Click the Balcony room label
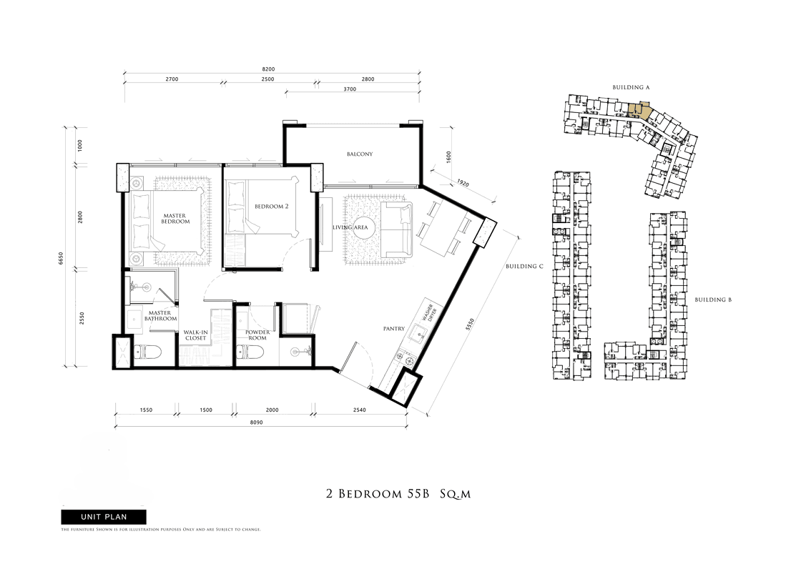pyautogui.click(x=360, y=154)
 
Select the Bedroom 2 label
pyautogui.click(x=272, y=207)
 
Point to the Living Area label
pyautogui.click(x=350, y=227)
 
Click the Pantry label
pyautogui.click(x=394, y=329)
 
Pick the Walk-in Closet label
pyautogui.click(x=195, y=335)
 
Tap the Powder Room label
pyautogui.click(x=257, y=335)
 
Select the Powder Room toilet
pyautogui.click(x=250, y=352)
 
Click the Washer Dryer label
pyautogui.click(x=431, y=310)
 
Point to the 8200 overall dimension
pyautogui.click(x=268, y=69)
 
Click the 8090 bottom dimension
pyautogui.click(x=257, y=422)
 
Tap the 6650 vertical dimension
pyautogui.click(x=62, y=259)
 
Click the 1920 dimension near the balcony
pyautogui.click(x=463, y=183)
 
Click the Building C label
pyautogui.click(x=524, y=267)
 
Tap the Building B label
pyautogui.click(x=713, y=300)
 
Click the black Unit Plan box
pyautogui.click(x=104, y=517)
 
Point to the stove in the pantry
pyautogui.click(x=408, y=360)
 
